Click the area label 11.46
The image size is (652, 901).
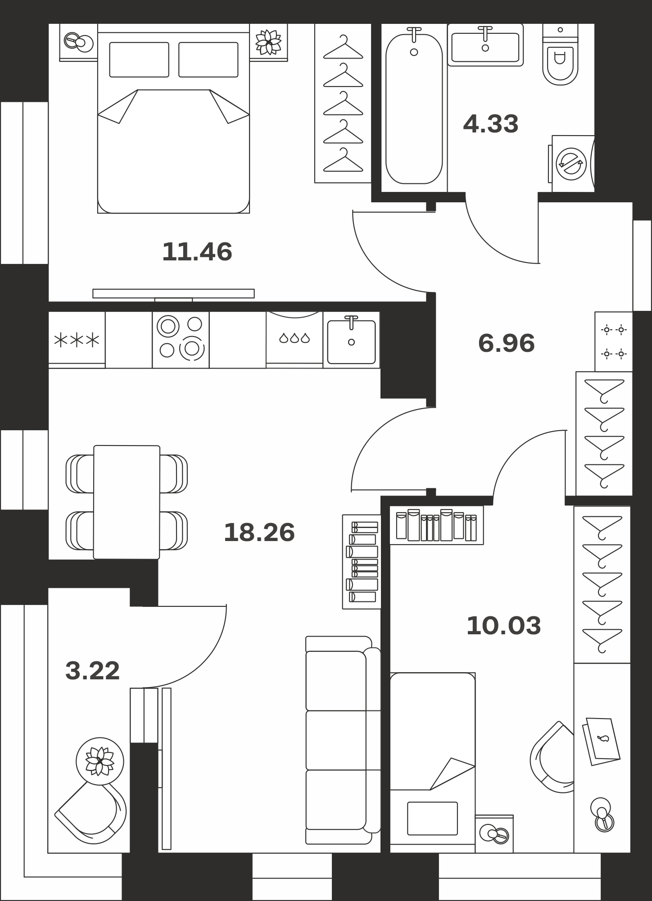tap(197, 251)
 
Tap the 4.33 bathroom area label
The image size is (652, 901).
tap(491, 123)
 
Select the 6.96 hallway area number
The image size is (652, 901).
tap(507, 343)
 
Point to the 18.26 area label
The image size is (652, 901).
tap(259, 532)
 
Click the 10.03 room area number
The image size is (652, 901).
tap(504, 626)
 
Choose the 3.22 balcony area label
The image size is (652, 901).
tap(93, 671)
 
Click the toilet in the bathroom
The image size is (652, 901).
tap(560, 55)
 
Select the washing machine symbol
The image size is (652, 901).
tap(571, 164)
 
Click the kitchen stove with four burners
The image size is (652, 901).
tap(181, 340)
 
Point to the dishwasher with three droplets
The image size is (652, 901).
tap(294, 340)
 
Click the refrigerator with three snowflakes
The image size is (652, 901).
tap(77, 340)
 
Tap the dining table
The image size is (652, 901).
tap(127, 502)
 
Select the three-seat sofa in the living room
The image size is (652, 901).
tap(343, 740)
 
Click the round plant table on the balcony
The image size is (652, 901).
tap(100, 761)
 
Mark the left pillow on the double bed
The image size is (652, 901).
tap(139, 59)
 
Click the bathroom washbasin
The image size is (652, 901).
tap(485, 45)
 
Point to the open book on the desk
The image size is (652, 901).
tap(602, 741)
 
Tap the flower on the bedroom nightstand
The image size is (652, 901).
tap(268, 42)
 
